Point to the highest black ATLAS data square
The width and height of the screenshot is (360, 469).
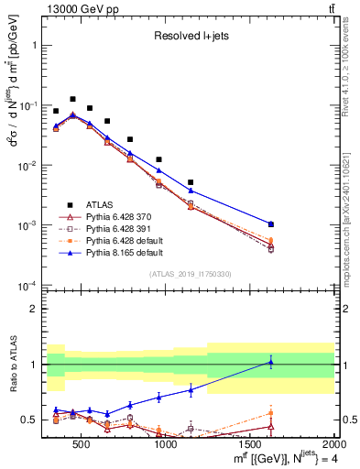pos(72,99)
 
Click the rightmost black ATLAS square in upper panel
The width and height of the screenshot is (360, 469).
pos(296,224)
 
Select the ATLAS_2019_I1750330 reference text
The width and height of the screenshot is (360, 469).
pos(190,274)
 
